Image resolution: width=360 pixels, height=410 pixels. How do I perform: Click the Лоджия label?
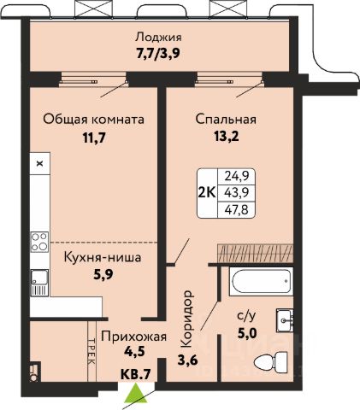pos(158,38)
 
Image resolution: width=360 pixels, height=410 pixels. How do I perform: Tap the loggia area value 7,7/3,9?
pos(158,53)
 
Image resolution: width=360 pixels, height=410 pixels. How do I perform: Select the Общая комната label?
pos(93,120)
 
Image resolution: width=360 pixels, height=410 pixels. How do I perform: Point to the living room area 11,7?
pos(94,138)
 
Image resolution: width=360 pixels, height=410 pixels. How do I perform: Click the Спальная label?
pos(226,120)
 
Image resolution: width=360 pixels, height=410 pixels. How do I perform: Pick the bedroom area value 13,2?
pos(226,137)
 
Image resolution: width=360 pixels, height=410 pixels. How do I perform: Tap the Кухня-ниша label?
pos(103,257)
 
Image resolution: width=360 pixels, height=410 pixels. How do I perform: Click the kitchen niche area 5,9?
pos(103,274)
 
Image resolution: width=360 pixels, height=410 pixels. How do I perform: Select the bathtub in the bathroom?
pos(261,282)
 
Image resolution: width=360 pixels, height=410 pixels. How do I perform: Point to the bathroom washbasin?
pos(285,320)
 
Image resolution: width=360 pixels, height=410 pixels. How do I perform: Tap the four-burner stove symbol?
pos(39,242)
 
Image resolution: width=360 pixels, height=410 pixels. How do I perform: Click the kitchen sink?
pos(39,283)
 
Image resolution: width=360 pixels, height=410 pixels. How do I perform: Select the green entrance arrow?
pos(136,393)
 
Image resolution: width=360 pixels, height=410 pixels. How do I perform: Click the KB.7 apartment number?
pos(135,374)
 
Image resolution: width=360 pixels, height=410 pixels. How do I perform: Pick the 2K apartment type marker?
pos(207,193)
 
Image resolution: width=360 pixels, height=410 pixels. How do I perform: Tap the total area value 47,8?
pos(236,210)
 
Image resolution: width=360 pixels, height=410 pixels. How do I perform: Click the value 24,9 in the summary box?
pos(237,176)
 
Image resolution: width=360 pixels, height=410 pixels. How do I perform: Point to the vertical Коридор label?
pos(187,319)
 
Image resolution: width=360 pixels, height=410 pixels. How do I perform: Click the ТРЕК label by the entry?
pos(91,351)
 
